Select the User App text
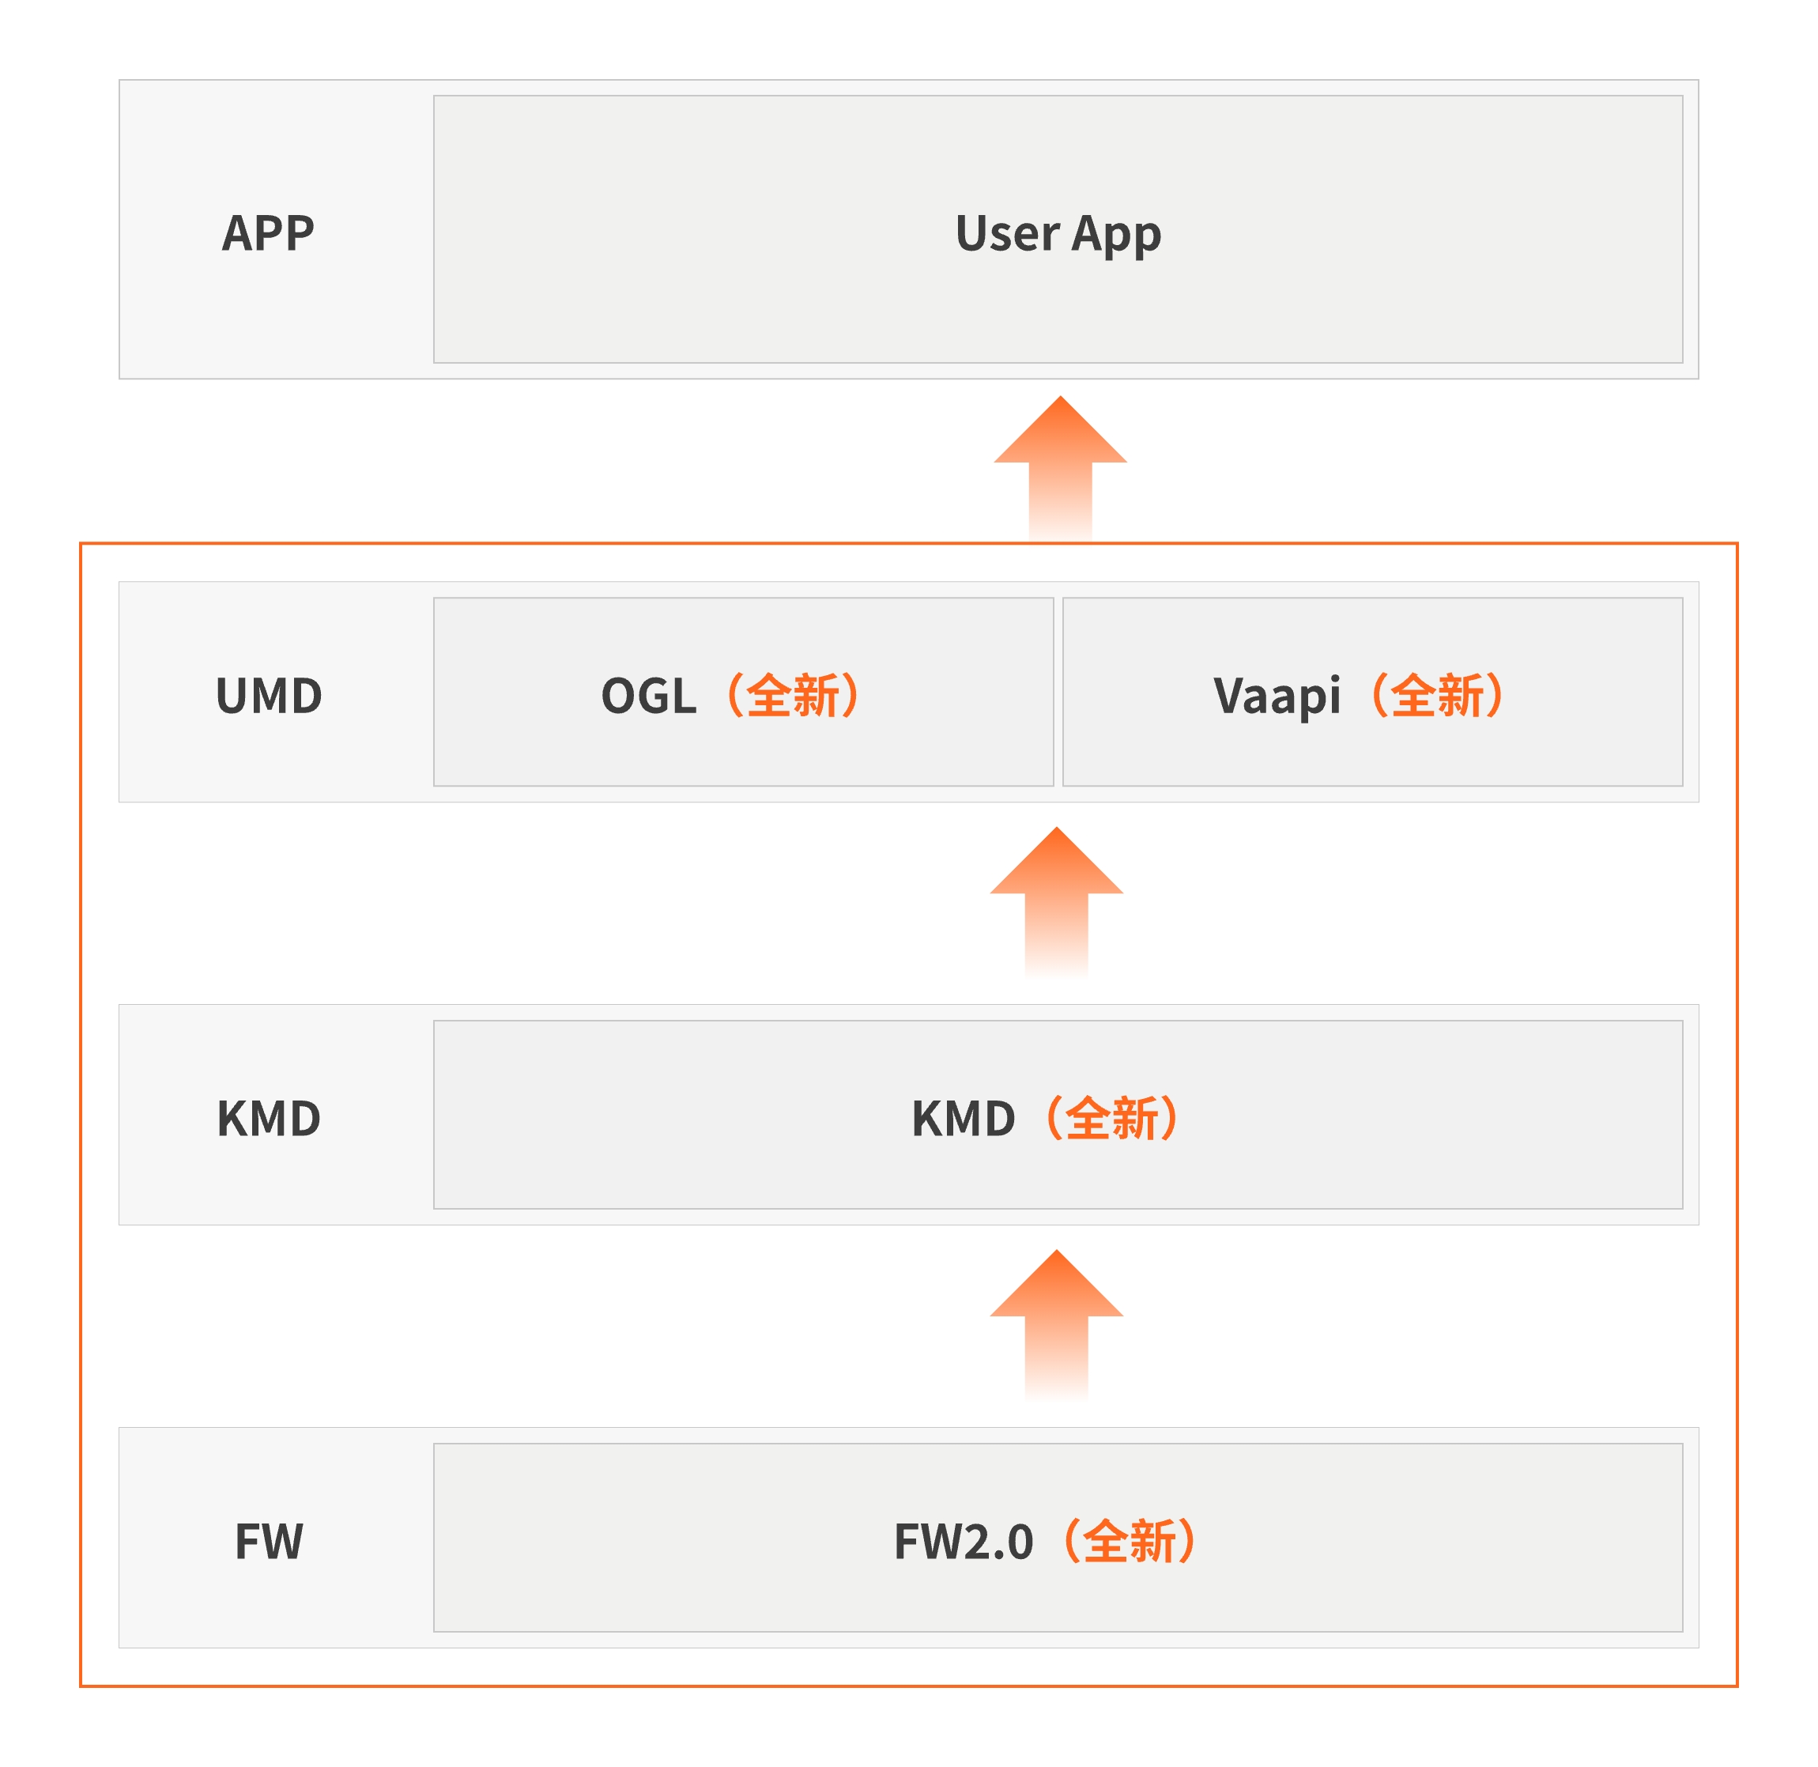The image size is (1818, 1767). [1058, 235]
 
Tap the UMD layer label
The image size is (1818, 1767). [268, 696]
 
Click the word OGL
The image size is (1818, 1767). [649, 696]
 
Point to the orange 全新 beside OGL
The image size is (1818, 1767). [793, 696]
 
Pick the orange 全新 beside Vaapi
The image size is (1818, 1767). [1438, 696]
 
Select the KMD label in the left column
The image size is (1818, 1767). [268, 1118]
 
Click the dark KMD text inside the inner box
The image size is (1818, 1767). [964, 1118]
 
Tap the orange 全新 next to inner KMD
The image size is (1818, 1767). [1112, 1118]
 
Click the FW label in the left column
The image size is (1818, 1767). [268, 1542]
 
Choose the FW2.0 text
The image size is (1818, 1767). [964, 1542]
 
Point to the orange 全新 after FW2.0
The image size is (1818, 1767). [1130, 1542]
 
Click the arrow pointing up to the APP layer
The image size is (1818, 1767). [1060, 469]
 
